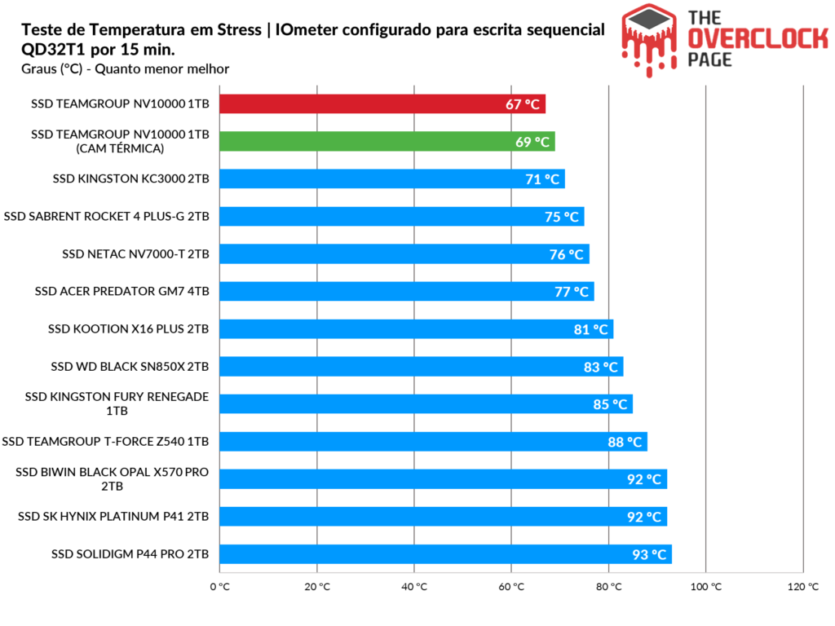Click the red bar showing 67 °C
click(x=382, y=104)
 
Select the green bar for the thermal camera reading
click(x=387, y=142)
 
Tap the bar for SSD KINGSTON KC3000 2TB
click(x=392, y=179)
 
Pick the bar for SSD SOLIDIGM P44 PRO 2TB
click(x=446, y=554)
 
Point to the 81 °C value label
click(x=590, y=329)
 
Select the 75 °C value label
click(x=561, y=217)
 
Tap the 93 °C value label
click(x=649, y=554)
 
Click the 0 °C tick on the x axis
click(x=219, y=587)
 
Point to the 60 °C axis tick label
click(x=511, y=587)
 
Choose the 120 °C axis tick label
click(x=803, y=587)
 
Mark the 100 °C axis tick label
click(x=705, y=587)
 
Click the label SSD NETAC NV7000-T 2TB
click(x=135, y=254)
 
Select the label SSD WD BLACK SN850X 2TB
click(x=130, y=367)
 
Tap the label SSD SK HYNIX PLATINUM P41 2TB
click(x=113, y=516)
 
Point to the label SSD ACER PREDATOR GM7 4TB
click(x=122, y=291)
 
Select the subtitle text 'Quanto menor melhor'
click(x=162, y=69)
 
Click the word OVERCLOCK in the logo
click(x=758, y=39)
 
